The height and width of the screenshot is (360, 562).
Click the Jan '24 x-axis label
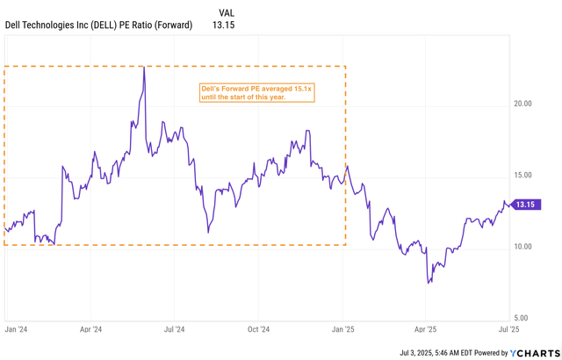click(x=16, y=329)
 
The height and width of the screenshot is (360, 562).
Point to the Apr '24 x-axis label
click(x=90, y=329)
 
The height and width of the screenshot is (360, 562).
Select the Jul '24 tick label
click(x=174, y=329)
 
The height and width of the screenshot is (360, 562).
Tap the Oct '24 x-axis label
click(x=258, y=329)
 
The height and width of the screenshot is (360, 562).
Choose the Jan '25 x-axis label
click(x=342, y=329)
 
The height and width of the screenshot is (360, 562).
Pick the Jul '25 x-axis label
click(x=509, y=329)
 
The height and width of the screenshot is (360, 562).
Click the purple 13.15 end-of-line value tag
click(x=528, y=205)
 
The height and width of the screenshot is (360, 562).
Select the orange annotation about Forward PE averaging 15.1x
click(x=255, y=92)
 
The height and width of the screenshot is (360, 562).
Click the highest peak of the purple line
click(x=143, y=68)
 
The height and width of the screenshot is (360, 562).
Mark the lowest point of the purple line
click(x=428, y=283)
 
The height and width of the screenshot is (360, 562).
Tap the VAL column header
click(x=226, y=12)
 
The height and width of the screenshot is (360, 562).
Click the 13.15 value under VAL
click(x=226, y=25)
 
